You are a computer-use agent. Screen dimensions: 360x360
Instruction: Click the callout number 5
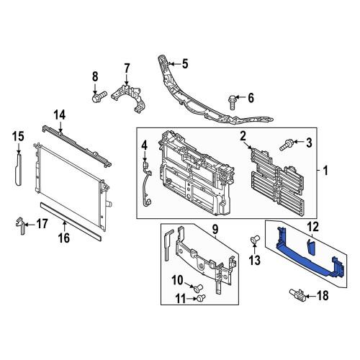(x=185, y=64)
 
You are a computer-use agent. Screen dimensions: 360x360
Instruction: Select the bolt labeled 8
(x=99, y=96)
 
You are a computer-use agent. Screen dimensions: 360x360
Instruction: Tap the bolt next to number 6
(x=233, y=102)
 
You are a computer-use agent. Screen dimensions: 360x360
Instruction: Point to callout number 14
(x=60, y=115)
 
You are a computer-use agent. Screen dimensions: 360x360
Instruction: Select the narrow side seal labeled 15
(x=18, y=170)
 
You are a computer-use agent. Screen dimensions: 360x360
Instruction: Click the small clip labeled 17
(x=21, y=225)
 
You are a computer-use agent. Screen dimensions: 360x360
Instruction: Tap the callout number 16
(x=64, y=238)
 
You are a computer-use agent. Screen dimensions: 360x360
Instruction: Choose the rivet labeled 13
(x=255, y=240)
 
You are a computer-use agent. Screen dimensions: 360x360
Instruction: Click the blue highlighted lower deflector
(x=310, y=258)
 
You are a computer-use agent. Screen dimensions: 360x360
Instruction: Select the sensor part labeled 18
(x=298, y=295)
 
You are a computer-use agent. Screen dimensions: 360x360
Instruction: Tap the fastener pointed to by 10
(x=198, y=288)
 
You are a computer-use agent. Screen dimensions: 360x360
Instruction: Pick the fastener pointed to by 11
(x=200, y=298)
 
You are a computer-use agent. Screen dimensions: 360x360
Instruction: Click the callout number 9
(x=215, y=229)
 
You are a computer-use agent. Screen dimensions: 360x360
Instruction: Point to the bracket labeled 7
(x=129, y=98)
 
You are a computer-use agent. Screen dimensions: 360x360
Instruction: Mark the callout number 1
(x=325, y=171)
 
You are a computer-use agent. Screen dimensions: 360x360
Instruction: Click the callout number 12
(x=314, y=227)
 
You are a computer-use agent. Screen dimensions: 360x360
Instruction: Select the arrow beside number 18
(x=310, y=296)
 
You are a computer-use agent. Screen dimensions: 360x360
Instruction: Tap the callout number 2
(x=243, y=136)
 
